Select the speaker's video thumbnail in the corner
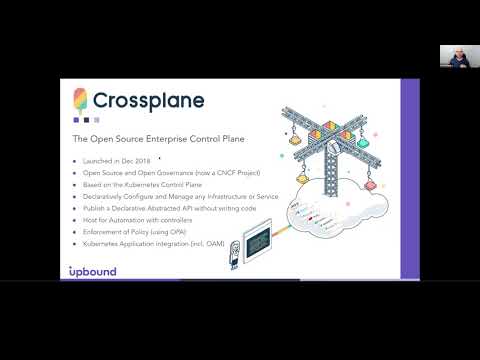(x=452, y=55)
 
